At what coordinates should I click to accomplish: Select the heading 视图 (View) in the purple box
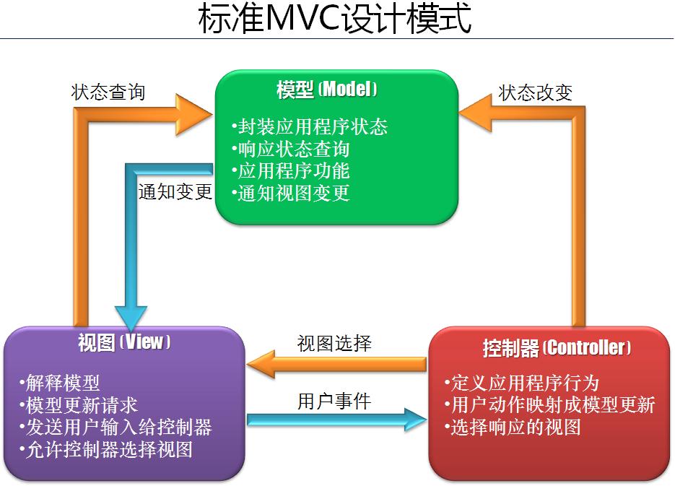click(124, 342)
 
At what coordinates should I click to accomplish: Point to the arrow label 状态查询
click(108, 92)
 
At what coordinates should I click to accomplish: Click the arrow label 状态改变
click(535, 92)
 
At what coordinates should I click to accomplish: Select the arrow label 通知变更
click(175, 192)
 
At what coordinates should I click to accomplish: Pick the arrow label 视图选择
click(334, 343)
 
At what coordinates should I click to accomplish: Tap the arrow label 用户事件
click(334, 401)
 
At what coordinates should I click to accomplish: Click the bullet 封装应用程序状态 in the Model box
click(310, 127)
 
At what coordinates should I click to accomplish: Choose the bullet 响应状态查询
click(291, 149)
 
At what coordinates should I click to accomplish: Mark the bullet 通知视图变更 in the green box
click(291, 193)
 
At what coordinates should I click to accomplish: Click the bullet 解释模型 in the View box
click(60, 383)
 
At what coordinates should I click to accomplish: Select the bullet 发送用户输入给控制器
click(116, 427)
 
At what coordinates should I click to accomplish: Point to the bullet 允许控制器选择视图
click(106, 449)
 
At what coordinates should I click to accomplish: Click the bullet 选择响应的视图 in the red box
click(513, 427)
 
